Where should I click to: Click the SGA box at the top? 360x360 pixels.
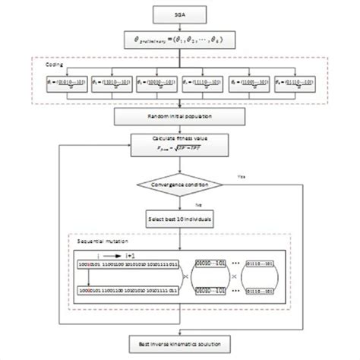point(178,14)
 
